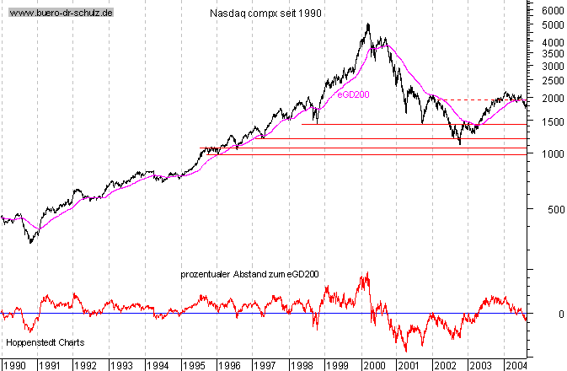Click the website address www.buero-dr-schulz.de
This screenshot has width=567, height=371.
click(61, 14)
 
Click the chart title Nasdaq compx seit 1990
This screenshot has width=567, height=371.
click(265, 14)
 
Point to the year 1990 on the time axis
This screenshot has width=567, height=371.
click(16, 365)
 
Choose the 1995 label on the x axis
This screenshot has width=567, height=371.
click(195, 365)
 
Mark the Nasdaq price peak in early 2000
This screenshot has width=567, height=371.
click(368, 24)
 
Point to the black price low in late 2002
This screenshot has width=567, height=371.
click(460, 144)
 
